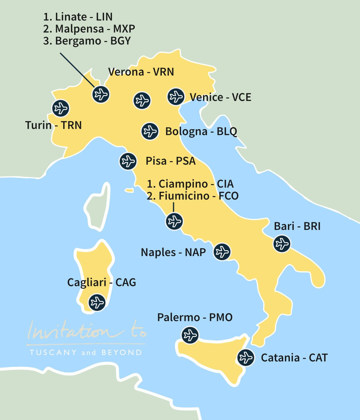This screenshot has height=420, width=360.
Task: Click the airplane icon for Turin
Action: [x=61, y=108]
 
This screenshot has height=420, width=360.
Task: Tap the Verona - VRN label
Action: [x=141, y=72]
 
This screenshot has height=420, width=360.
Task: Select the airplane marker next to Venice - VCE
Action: [x=176, y=97]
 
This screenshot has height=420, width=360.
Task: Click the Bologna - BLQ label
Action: [x=201, y=131]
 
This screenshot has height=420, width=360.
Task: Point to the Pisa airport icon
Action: [x=128, y=161]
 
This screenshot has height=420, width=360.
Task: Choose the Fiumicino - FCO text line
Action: [x=193, y=196]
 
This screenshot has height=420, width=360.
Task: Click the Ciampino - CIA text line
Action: [x=190, y=184]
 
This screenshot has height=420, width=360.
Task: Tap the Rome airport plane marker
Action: [x=174, y=221]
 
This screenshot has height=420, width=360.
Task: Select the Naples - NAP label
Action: [x=173, y=252]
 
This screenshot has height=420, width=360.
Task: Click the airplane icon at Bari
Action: [x=282, y=244]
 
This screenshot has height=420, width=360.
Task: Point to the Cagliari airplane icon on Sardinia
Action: [x=97, y=302]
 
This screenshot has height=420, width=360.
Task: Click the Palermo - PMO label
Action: [x=195, y=317]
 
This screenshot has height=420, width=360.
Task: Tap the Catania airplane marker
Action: [x=246, y=358]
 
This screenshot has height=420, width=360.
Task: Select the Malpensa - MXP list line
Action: [x=89, y=29]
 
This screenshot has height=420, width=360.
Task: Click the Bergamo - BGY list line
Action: [x=87, y=41]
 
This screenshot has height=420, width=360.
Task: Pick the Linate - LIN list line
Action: [x=78, y=17]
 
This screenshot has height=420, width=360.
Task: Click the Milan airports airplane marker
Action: [x=101, y=94]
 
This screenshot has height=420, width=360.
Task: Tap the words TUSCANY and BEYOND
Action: [x=86, y=352]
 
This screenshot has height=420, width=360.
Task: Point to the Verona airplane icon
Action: [x=142, y=100]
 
